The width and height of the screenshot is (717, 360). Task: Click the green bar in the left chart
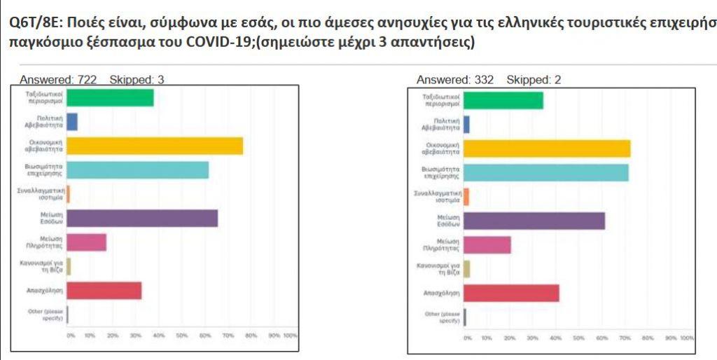(x=110, y=98)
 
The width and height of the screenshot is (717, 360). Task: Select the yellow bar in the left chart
(x=155, y=146)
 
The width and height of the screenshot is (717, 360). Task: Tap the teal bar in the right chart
(x=546, y=172)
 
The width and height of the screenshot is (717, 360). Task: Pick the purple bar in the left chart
(x=142, y=219)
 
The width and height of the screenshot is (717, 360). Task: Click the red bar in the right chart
(x=511, y=293)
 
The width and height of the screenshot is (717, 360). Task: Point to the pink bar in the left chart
(x=87, y=242)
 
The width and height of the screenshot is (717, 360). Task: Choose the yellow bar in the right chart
(x=547, y=148)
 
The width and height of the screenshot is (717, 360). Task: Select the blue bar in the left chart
(x=72, y=122)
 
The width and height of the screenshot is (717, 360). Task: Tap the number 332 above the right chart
(x=484, y=80)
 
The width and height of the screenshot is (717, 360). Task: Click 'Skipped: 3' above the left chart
(x=137, y=80)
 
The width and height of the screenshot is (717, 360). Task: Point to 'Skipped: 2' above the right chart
(x=534, y=80)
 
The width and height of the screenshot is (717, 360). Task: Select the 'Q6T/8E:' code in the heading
(x=35, y=21)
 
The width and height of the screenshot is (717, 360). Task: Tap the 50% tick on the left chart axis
(x=181, y=335)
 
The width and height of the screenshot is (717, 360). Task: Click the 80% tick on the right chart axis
(x=647, y=338)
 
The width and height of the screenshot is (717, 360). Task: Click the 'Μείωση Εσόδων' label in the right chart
(x=445, y=221)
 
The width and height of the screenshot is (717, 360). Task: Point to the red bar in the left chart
(x=104, y=290)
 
